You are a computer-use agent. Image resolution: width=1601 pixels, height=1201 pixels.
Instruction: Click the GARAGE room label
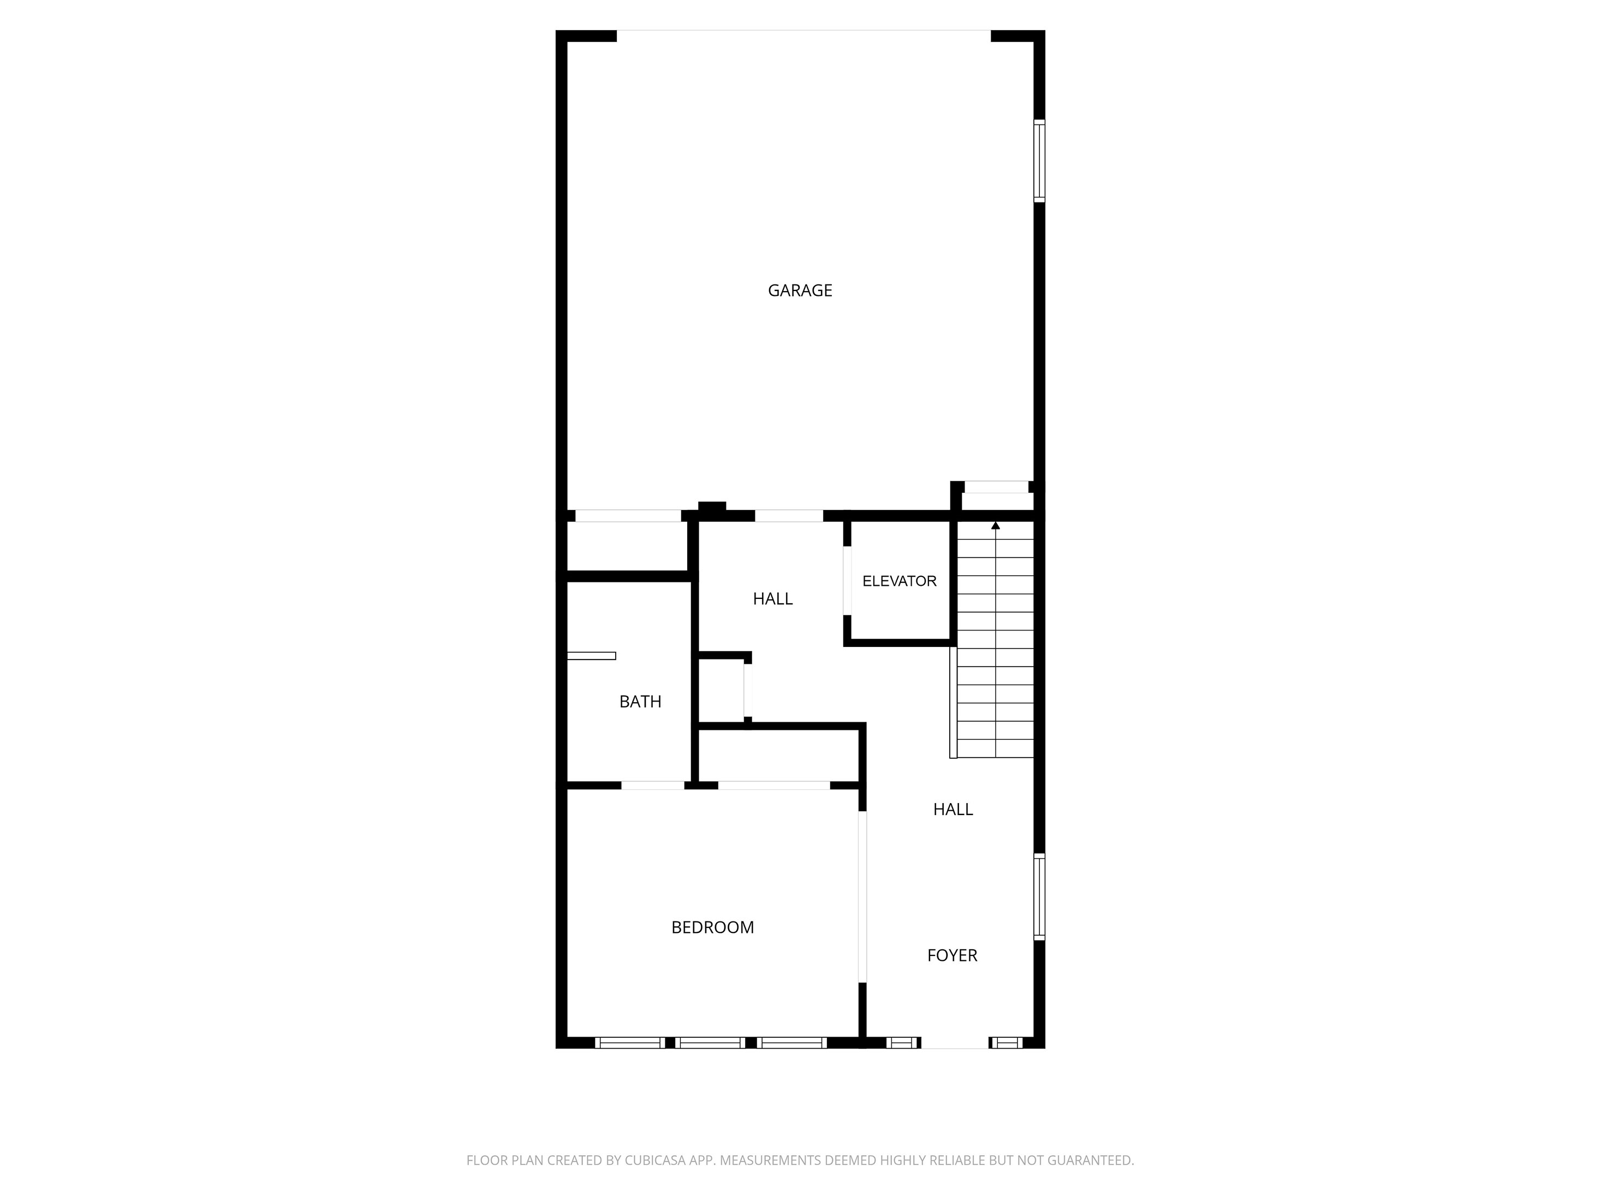pyautogui.click(x=800, y=290)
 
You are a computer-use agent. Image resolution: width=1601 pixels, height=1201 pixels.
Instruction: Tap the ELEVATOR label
pyautogui.click(x=899, y=581)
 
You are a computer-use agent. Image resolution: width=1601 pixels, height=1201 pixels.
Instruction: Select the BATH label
pyautogui.click(x=640, y=701)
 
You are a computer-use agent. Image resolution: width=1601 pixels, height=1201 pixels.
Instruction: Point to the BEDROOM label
pyautogui.click(x=713, y=927)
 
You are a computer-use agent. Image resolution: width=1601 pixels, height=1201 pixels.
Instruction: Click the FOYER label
pyautogui.click(x=953, y=955)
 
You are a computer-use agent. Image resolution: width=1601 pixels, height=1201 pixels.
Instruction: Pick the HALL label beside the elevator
pyautogui.click(x=773, y=599)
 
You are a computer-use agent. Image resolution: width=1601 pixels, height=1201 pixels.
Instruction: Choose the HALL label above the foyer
pyautogui.click(x=953, y=810)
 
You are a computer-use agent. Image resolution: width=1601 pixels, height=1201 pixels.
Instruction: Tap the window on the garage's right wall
pyautogui.click(x=1039, y=160)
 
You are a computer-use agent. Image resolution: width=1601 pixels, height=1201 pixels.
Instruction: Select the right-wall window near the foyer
pyautogui.click(x=1039, y=897)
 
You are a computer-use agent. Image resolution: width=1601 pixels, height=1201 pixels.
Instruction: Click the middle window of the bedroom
pyautogui.click(x=711, y=1043)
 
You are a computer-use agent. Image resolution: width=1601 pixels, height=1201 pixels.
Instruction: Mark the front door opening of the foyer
pyautogui.click(x=955, y=1043)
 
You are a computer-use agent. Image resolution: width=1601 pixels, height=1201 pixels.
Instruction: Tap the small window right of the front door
pyautogui.click(x=1007, y=1043)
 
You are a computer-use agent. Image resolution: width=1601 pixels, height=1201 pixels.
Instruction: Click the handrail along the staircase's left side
pyautogui.click(x=953, y=702)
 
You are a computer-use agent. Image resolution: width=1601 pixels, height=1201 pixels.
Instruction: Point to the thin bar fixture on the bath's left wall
pyautogui.click(x=591, y=656)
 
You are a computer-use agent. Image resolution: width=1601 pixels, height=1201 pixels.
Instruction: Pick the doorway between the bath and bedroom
pyautogui.click(x=653, y=786)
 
